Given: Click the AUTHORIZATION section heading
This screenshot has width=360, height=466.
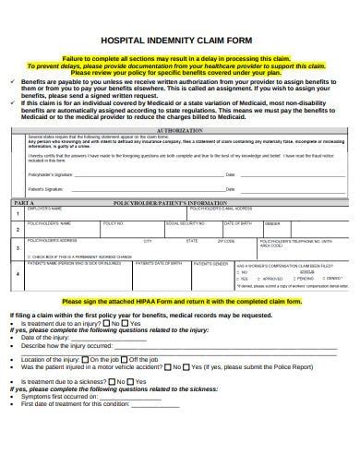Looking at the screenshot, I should (181, 130).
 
